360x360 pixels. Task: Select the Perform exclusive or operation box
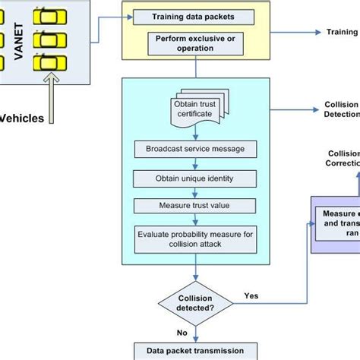coord(196,42)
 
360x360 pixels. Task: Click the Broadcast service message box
coord(196,148)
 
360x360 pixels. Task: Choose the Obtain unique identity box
coord(196,178)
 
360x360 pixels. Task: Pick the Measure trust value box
coord(196,206)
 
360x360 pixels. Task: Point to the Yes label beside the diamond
coord(251,295)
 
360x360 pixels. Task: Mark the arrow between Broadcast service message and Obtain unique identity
coord(196,163)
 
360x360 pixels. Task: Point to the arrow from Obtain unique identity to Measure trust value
coord(196,191)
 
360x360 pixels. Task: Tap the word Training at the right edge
coord(342,32)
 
